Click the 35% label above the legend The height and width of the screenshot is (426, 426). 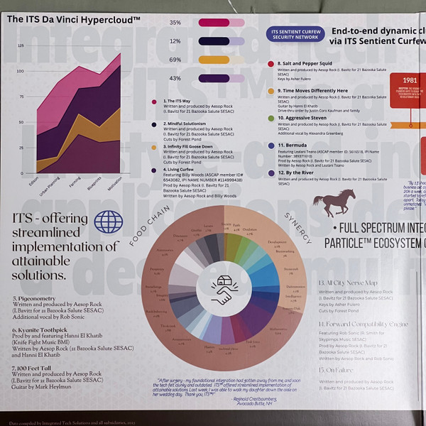(175, 23)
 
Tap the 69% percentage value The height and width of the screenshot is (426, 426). (175, 60)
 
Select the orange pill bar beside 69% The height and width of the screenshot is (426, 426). (221, 60)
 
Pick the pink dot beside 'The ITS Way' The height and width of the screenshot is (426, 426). (145, 102)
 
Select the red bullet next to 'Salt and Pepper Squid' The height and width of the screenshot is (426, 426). (271, 64)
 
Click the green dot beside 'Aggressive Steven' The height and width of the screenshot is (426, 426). (271, 118)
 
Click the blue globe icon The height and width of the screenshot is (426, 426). (109, 222)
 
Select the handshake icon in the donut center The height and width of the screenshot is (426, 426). (222, 290)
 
